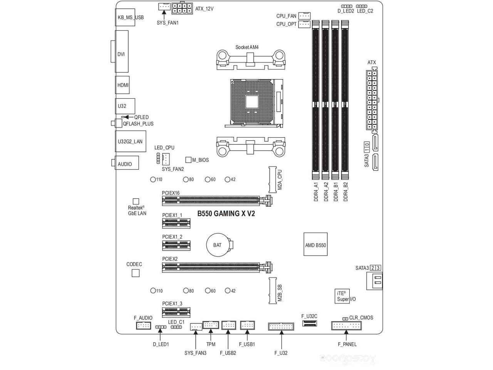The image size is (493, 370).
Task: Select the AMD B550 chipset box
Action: pos(315,244)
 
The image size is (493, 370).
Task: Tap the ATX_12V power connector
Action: pos(182,8)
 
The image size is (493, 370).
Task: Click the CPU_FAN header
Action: pos(304,16)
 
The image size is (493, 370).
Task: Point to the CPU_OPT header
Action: pos(304,24)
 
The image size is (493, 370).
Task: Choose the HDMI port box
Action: pos(122,85)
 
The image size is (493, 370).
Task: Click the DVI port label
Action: pos(121,54)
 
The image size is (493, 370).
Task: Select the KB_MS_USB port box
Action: pos(125,17)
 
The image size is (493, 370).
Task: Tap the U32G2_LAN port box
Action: pos(131,141)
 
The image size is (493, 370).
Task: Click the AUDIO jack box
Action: pos(127,163)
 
